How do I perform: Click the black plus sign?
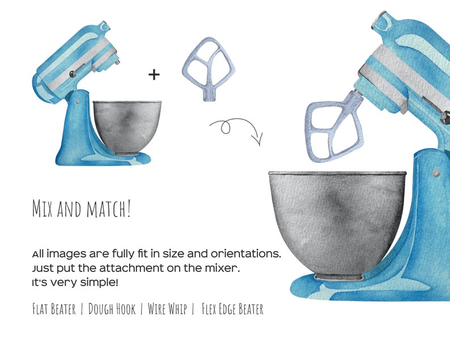[154, 74]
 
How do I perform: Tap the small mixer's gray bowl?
[127, 126]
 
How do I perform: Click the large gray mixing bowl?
[337, 221]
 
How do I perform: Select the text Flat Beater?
[54, 310]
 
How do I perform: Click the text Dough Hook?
[112, 310]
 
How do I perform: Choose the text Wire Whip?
[167, 310]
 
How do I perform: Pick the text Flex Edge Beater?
[232, 310]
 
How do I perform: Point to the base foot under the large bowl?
[337, 277]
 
